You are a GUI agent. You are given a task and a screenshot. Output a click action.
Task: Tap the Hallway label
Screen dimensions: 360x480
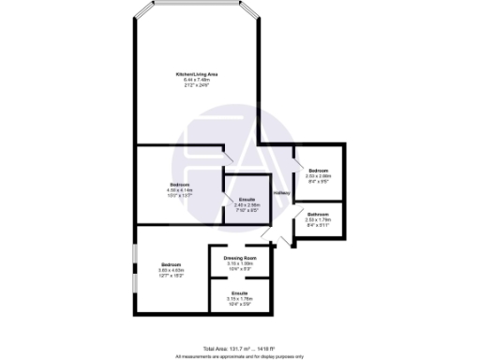pos(280,194)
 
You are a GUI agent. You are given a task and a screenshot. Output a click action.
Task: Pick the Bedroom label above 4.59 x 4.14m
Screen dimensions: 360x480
pos(179,184)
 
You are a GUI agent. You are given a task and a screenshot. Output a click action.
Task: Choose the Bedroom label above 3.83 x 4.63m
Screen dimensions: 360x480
pos(170,264)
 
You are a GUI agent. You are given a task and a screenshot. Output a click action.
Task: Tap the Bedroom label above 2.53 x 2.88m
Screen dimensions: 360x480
pos(319,170)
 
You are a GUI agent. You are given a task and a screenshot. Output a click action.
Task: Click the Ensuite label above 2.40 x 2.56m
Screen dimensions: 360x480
pos(247,200)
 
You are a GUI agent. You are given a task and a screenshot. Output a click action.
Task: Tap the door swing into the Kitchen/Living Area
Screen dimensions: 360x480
pos(228,156)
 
